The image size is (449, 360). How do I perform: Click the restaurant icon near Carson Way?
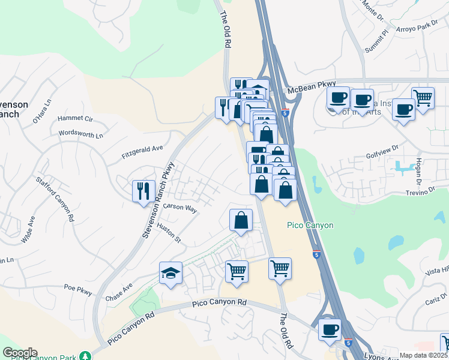(x=143, y=191)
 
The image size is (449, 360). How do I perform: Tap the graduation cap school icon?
(x=171, y=273)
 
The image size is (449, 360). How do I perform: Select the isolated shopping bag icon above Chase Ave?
(x=241, y=220)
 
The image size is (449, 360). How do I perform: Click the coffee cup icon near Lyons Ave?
(x=329, y=329)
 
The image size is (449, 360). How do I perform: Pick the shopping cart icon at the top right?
(x=423, y=98)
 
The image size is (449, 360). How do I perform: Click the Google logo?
(x=20, y=353)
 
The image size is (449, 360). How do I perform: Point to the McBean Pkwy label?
(x=312, y=88)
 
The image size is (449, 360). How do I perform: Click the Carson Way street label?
(x=180, y=208)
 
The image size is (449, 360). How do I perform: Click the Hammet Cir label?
(x=75, y=119)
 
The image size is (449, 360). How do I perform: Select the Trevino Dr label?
(x=418, y=190)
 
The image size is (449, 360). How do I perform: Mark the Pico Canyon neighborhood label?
(x=310, y=225)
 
